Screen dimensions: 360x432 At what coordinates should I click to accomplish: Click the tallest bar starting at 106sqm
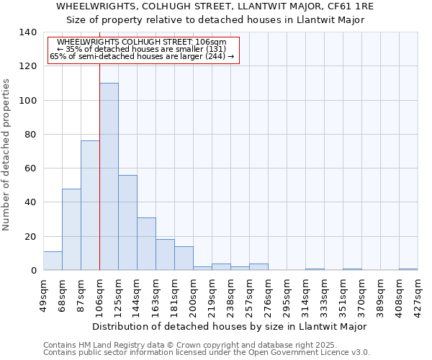109,176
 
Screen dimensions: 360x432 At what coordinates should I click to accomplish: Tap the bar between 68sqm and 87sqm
71,229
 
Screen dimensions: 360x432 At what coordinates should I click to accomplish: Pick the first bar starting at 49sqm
53,261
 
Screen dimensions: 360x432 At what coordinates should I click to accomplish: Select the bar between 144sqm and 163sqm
146,243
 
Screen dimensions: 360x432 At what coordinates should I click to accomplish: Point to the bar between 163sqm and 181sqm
165,255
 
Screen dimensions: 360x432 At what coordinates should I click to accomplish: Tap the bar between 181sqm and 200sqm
184,258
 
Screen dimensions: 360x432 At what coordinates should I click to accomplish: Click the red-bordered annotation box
143,50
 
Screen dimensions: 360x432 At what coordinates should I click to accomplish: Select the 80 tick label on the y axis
31,135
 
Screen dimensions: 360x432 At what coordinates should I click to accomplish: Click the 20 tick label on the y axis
31,236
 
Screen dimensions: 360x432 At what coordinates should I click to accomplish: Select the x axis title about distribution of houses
230,326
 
